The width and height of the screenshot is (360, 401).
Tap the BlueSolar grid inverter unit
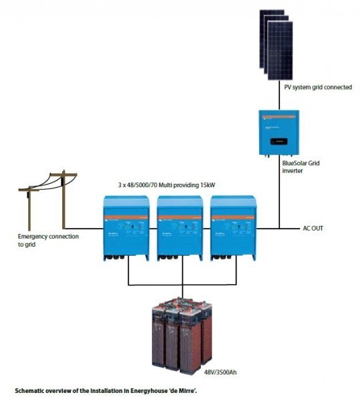pyautogui.click(x=278, y=132)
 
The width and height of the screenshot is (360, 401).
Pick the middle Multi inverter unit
pyautogui.click(x=179, y=227)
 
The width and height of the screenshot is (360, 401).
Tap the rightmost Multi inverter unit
pyautogui.click(x=232, y=227)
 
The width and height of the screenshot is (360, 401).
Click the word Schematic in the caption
pyautogui.click(x=31, y=388)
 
